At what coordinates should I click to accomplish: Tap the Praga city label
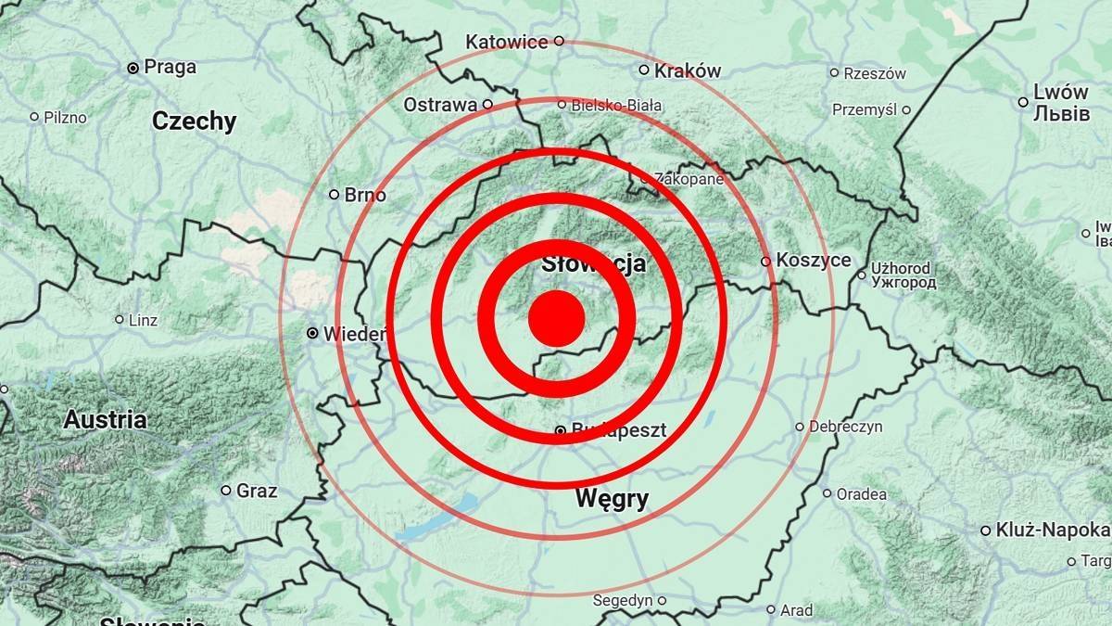[171, 67]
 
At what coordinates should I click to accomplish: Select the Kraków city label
[687, 71]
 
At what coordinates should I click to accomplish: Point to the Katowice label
[507, 42]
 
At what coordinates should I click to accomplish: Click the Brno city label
[365, 196]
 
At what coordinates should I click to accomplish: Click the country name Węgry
[612, 499]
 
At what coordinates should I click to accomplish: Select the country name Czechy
[195, 121]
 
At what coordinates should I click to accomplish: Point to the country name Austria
[105, 419]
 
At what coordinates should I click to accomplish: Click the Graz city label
[257, 491]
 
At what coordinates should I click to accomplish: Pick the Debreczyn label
[845, 427]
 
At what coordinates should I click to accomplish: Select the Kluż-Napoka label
[1051, 530]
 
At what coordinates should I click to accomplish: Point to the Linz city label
[144, 320]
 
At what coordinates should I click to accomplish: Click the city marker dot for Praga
[133, 68]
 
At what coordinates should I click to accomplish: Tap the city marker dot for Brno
[335, 195]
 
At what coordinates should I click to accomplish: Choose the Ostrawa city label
[440, 105]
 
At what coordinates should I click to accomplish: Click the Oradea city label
[861, 493]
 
